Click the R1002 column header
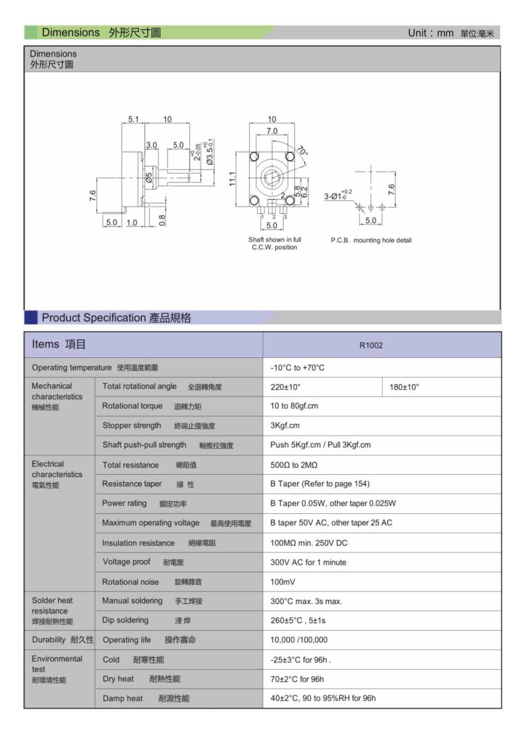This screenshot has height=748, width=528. (371, 345)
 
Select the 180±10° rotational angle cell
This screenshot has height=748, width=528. (404, 387)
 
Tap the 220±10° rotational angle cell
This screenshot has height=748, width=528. (285, 387)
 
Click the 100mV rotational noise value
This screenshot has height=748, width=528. (283, 582)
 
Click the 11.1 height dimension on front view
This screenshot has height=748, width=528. (232, 179)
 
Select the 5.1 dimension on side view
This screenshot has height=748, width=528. (133, 119)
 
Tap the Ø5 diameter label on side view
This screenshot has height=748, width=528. (149, 178)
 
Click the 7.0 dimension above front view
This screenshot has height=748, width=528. (272, 131)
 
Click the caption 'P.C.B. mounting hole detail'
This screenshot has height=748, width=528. (371, 240)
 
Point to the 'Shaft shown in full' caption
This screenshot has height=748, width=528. (274, 239)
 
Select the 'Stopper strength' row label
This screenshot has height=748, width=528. (132, 426)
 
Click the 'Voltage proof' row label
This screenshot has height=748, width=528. (126, 562)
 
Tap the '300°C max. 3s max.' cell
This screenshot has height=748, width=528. (306, 601)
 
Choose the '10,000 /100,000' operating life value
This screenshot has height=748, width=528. (299, 640)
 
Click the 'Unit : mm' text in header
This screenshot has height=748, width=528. (430, 33)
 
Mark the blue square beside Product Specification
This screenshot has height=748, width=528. (31, 318)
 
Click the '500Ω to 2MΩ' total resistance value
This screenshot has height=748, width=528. (294, 465)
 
